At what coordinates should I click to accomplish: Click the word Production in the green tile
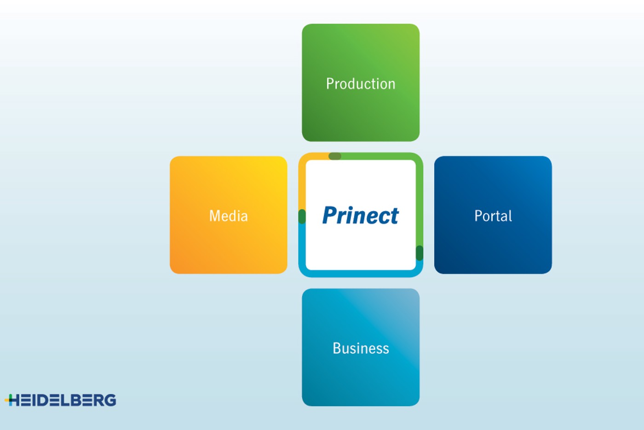[x=361, y=84]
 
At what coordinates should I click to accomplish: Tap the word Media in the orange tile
[x=229, y=216]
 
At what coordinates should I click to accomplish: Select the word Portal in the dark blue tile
[x=493, y=216]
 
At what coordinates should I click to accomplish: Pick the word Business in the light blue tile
[x=361, y=348]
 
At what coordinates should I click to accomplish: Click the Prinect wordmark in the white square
[x=361, y=215]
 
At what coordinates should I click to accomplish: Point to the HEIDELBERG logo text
[x=63, y=400]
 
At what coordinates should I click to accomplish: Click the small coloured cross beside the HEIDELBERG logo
[x=9, y=400]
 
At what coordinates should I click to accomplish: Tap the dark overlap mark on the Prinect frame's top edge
[x=335, y=156]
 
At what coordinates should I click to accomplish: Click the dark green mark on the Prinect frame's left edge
[x=302, y=217]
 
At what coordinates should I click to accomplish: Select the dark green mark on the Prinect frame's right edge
[x=420, y=253]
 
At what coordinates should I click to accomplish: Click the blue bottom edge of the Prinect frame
[x=361, y=273]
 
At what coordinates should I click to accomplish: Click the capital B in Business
[x=337, y=348]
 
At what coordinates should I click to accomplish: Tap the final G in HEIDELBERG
[x=110, y=400]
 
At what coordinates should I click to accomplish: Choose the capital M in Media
[x=214, y=216]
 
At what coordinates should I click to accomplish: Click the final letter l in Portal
[x=510, y=216]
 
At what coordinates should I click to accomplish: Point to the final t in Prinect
[x=395, y=216]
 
